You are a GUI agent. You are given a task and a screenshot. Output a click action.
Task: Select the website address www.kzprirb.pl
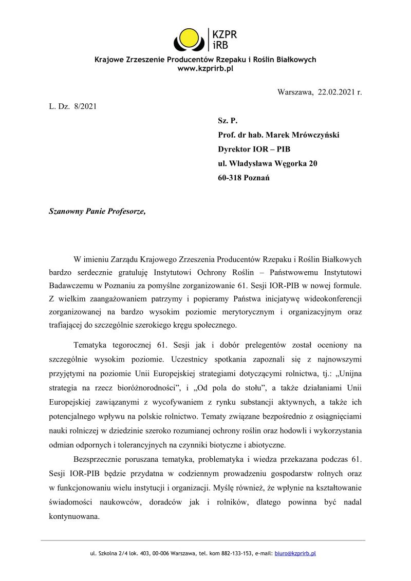coord(206,68)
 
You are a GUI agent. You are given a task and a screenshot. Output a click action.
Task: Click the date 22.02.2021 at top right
coord(336,92)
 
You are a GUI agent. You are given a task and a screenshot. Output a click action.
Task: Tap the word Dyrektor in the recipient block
coord(235,149)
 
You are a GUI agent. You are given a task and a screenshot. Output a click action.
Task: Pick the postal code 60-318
coord(231,178)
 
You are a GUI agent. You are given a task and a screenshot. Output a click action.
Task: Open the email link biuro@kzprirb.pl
coord(295,554)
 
